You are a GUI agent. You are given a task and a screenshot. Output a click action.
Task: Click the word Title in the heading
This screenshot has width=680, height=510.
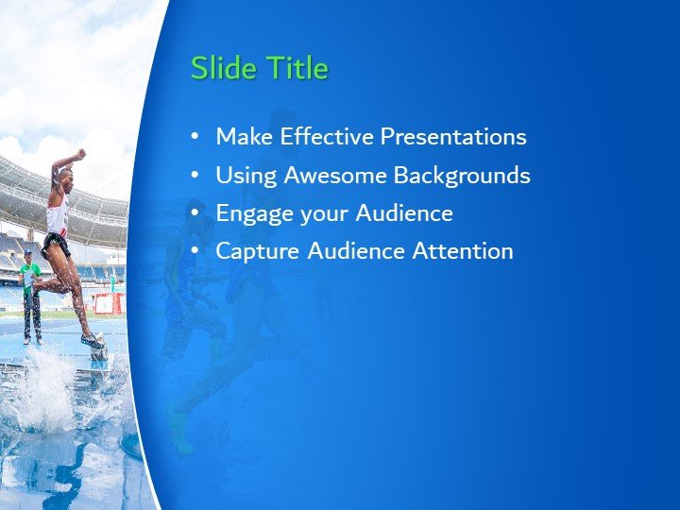296,69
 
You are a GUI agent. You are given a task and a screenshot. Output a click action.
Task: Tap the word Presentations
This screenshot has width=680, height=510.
452,137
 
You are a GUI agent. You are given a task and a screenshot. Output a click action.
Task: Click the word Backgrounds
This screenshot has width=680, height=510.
462,176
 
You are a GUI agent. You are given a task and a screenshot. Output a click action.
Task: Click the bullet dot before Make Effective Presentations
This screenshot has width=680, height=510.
195,137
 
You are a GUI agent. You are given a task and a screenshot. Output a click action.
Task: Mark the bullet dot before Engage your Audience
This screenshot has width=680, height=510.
195,213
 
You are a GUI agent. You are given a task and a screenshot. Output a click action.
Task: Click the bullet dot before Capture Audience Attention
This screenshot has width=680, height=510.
195,251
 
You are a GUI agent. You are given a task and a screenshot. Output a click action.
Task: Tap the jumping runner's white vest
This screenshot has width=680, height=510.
59,215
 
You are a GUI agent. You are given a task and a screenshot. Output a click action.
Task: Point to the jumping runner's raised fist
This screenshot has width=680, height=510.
81,152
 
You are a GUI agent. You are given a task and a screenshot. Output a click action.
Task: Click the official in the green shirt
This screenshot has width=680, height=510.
30,279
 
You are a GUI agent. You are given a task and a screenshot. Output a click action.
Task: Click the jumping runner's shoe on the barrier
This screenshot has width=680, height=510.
93,340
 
